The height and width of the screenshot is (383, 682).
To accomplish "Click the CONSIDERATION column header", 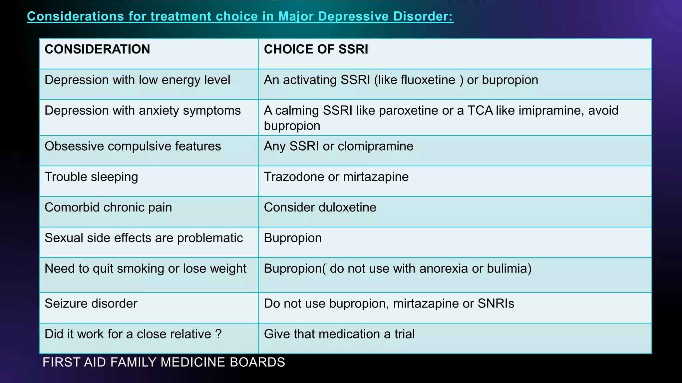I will [x=97, y=49].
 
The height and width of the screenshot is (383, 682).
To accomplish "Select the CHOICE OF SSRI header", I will [x=316, y=49].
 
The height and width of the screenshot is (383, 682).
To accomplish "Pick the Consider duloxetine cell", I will [x=320, y=207].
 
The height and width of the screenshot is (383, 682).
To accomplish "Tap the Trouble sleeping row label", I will [x=91, y=177].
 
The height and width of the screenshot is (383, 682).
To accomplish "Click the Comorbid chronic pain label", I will [x=108, y=207].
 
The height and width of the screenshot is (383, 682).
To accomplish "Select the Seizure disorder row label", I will [x=91, y=304].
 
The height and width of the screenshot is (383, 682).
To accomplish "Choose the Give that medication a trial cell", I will [x=339, y=334].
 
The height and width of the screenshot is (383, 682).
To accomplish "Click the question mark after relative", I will [x=218, y=334].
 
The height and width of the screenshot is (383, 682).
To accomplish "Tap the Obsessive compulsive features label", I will [x=133, y=146].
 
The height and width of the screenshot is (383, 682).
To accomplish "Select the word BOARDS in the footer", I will [x=257, y=362].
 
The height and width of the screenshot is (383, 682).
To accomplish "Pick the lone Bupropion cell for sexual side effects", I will [x=293, y=238].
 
